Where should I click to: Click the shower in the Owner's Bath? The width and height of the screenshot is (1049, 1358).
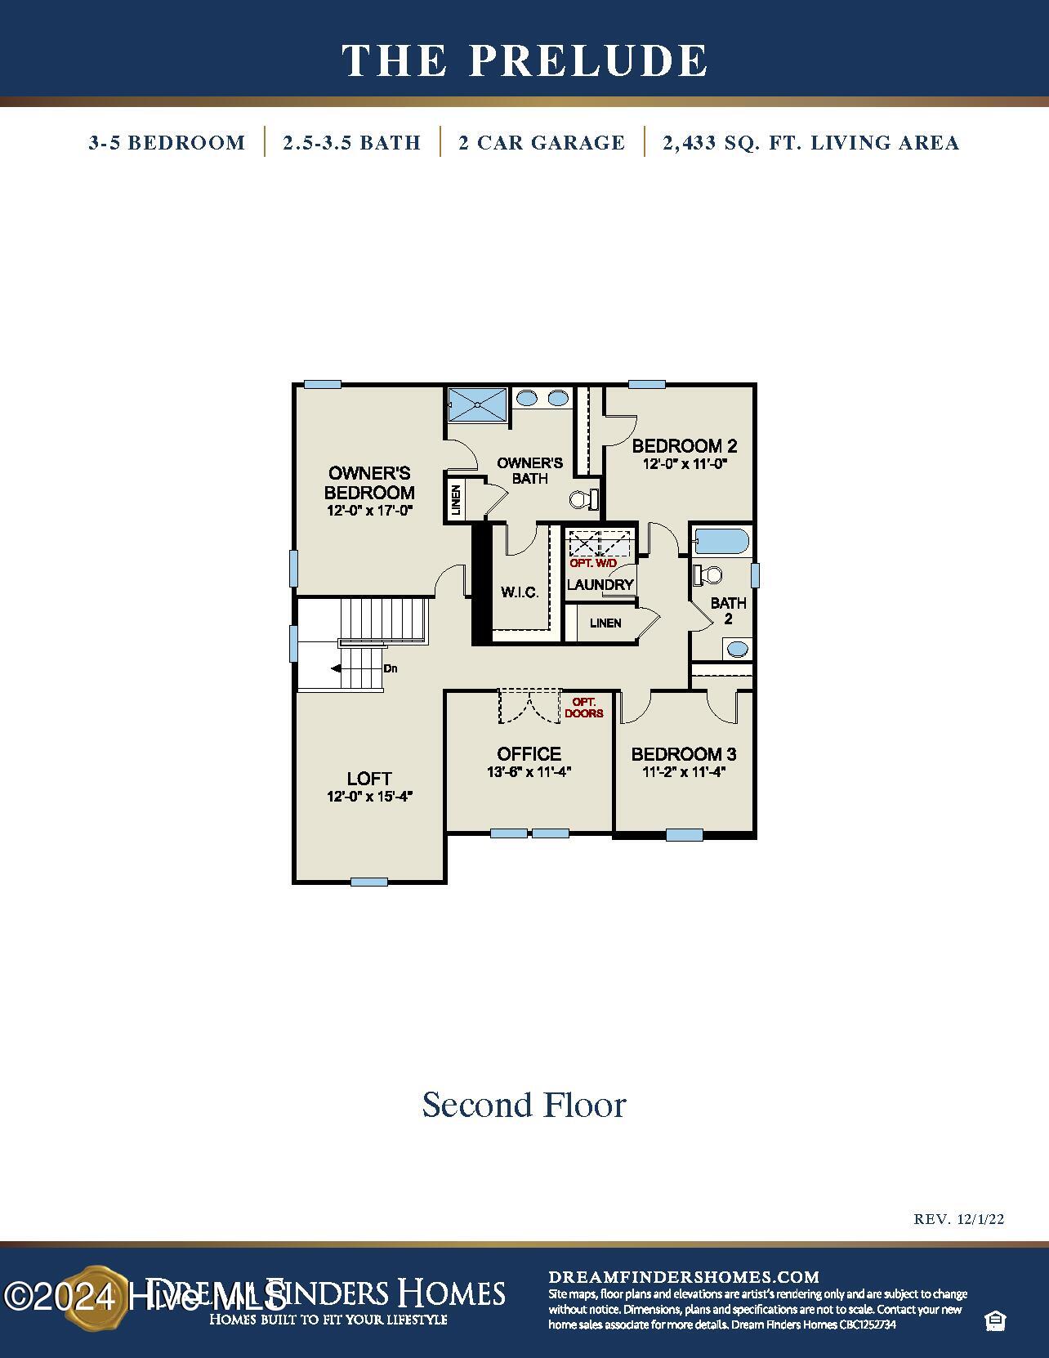click(x=478, y=404)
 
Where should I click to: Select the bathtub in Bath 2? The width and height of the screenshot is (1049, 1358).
click(x=721, y=542)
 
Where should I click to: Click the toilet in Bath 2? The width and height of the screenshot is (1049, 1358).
click(x=708, y=575)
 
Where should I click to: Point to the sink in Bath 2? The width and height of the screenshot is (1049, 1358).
click(x=737, y=650)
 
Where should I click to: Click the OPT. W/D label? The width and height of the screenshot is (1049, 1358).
click(x=593, y=564)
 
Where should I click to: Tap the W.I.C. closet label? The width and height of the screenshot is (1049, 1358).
click(x=520, y=592)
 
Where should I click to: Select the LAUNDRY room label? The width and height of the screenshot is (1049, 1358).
click(x=600, y=585)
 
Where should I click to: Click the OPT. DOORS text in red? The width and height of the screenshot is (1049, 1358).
click(x=584, y=708)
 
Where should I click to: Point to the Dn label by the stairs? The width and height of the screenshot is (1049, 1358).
click(x=391, y=668)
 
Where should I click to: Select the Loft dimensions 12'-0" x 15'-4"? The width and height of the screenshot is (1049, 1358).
click(x=369, y=797)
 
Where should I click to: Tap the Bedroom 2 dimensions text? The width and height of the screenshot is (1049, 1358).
click(x=685, y=463)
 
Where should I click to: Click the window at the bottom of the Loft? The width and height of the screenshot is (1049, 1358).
click(x=368, y=882)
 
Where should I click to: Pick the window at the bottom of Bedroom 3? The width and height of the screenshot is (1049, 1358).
click(x=684, y=835)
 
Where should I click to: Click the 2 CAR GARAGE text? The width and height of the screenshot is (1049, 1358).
click(x=542, y=143)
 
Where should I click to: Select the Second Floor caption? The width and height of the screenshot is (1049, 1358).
click(x=524, y=1105)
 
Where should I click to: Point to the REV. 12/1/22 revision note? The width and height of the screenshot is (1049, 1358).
click(x=958, y=1219)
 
